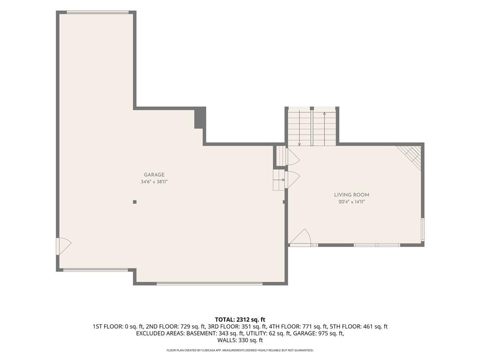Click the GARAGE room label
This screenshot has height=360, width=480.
coord(154,175)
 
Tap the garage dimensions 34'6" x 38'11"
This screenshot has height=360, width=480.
coord(154,182)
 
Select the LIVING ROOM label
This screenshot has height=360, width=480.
coord(352,195)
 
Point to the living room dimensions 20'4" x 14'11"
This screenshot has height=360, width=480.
coord(352,202)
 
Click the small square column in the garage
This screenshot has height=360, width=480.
coord(135,202)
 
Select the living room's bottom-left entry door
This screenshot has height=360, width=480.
coord(300,237)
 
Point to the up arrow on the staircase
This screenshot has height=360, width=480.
coord(324,129)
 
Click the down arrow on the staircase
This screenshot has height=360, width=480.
coord(300,129)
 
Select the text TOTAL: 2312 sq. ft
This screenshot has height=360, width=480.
coord(240,320)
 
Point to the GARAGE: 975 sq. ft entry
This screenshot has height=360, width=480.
coord(318,333)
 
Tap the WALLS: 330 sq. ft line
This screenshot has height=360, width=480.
coord(240,340)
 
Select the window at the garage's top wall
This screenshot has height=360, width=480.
coord(97,12)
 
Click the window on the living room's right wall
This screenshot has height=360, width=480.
coord(422,228)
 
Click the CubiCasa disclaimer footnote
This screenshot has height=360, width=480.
coord(240,350)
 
